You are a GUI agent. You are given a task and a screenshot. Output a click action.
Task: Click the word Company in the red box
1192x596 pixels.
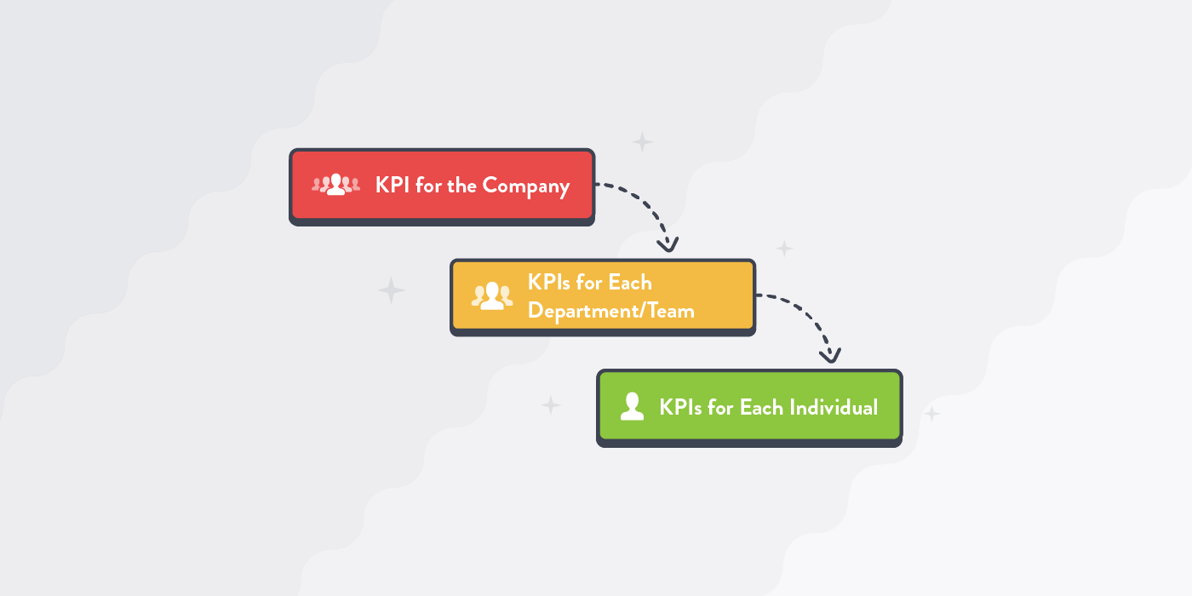point(525,186)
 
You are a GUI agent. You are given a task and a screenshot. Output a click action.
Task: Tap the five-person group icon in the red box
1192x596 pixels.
point(335,184)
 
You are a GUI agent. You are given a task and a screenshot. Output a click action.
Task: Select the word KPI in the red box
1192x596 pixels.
point(393,186)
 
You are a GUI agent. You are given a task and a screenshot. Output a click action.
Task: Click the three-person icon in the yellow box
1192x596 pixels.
point(492,295)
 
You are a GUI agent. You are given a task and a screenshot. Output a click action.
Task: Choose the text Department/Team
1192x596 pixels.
point(610,311)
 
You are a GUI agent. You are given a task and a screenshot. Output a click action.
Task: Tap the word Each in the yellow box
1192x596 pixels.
point(629,282)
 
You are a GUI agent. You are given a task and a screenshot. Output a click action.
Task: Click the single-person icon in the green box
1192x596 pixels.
point(632,407)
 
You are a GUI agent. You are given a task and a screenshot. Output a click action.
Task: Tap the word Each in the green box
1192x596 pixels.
point(761,408)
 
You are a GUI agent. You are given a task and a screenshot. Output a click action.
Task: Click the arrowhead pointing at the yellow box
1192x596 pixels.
point(669,245)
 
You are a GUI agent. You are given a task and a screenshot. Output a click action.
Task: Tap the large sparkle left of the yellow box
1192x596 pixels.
point(392,290)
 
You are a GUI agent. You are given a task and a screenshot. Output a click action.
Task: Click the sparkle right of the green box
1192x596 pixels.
point(931,414)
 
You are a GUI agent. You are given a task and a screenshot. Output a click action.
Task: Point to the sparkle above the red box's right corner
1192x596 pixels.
point(642,141)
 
